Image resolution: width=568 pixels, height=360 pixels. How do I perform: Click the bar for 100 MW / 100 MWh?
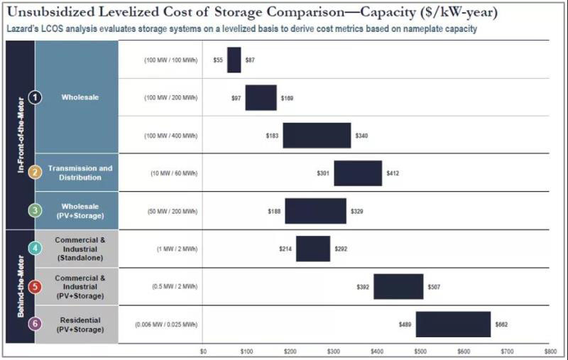[x=234, y=60]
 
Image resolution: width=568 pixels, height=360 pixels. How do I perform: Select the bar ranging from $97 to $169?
[x=261, y=98]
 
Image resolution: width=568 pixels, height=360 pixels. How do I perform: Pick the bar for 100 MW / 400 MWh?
[x=317, y=136]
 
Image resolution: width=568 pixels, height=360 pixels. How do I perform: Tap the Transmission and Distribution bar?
[x=358, y=173]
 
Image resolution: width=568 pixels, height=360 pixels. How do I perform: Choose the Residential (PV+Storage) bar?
[x=453, y=324]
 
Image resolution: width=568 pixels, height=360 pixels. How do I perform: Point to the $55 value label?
[x=218, y=60]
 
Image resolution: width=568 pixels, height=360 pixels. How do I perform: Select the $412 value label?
[x=393, y=173]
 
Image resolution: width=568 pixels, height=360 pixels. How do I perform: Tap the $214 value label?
[x=285, y=249]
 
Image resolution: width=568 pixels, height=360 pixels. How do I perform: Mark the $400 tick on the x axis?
[x=376, y=351]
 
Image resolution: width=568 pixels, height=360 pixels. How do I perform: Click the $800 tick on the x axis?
[x=550, y=351]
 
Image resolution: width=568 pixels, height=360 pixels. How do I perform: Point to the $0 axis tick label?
[x=203, y=351]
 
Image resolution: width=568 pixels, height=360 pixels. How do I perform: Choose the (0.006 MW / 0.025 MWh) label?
[x=166, y=324]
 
